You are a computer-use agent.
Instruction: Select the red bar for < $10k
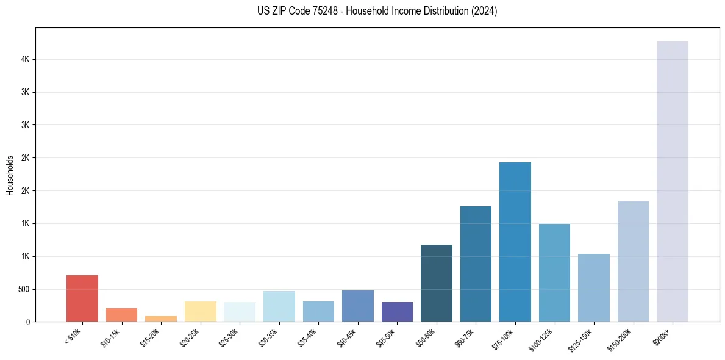coord(82,298)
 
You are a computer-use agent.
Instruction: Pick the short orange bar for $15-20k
coord(161,319)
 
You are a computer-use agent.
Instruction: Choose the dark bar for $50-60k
coord(437,283)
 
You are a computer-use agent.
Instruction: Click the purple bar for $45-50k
coord(397,312)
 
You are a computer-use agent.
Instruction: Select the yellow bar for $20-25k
coord(201,311)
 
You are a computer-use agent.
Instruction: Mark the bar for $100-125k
coord(554,273)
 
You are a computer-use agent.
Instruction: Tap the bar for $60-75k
coord(476,264)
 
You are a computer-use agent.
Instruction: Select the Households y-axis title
coord(10,175)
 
